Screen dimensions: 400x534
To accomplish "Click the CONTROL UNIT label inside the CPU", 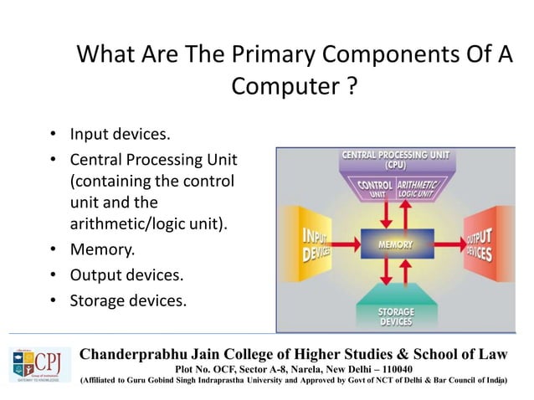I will pyautogui.click(x=374, y=189).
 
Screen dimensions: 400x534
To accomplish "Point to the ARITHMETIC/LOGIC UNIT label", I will pyautogui.click(x=417, y=189).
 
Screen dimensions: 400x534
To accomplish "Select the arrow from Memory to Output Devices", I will pyautogui.click(x=441, y=244).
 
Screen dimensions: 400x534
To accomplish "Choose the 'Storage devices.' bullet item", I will pyautogui.click(x=127, y=300).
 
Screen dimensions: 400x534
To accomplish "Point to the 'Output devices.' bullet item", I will pyautogui.click(x=126, y=274).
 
